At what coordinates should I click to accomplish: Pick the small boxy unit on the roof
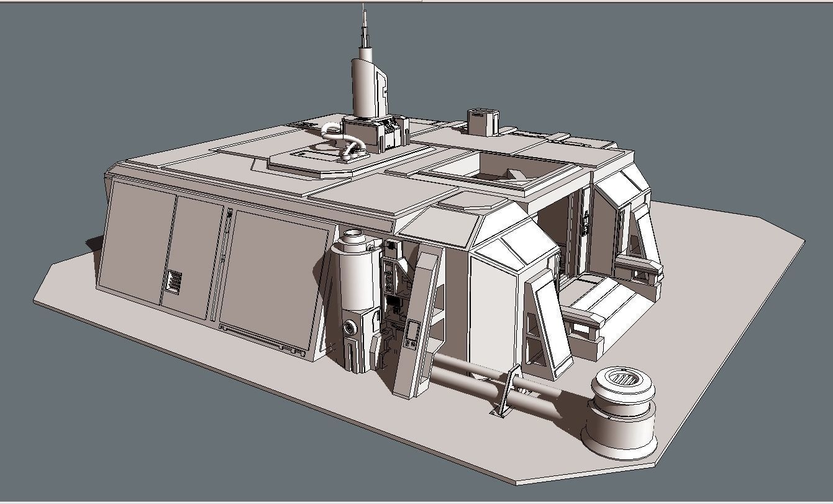coord(483,122)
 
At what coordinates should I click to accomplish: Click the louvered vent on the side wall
coord(173,282)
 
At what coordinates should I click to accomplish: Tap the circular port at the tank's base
coord(350,328)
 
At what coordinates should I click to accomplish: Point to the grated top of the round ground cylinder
coord(620,377)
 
